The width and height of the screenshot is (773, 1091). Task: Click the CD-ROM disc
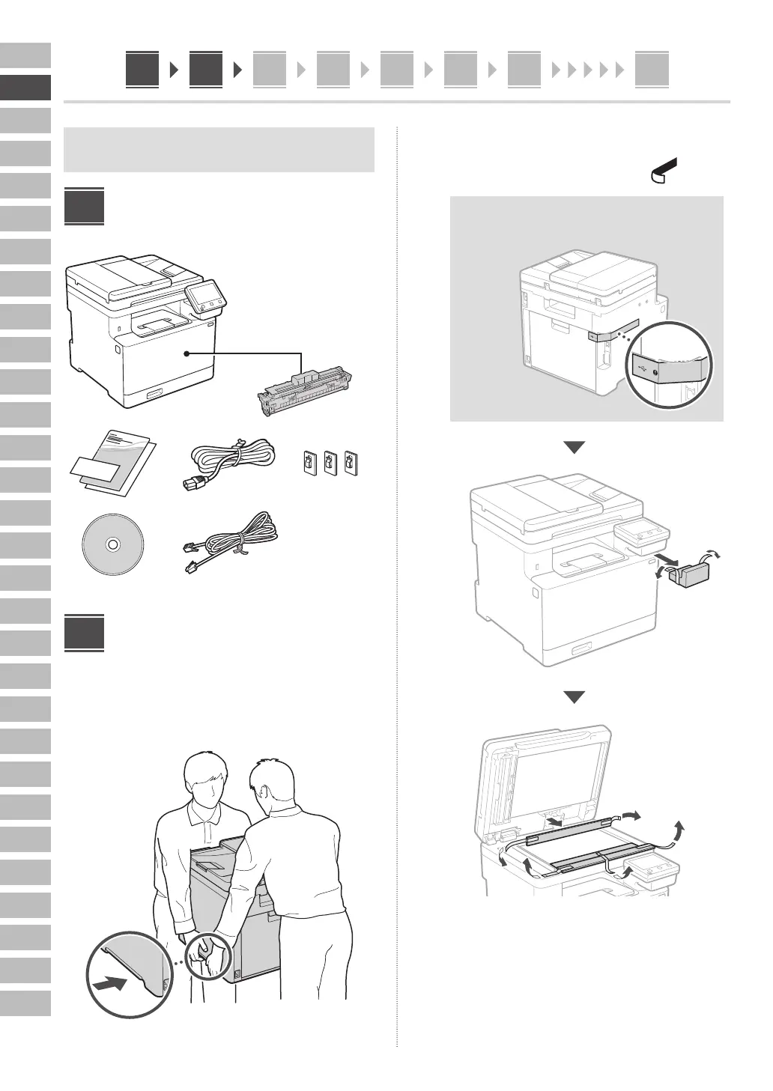point(112,544)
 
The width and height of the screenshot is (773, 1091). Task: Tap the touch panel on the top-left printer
point(204,297)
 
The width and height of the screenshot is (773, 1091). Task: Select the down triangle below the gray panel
point(574,447)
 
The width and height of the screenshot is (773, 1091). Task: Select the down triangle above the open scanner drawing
point(574,697)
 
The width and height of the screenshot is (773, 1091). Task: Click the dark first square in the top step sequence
point(142,70)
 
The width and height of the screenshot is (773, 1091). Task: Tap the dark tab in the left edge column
point(25,88)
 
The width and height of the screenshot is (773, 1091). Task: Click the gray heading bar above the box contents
point(219,150)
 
